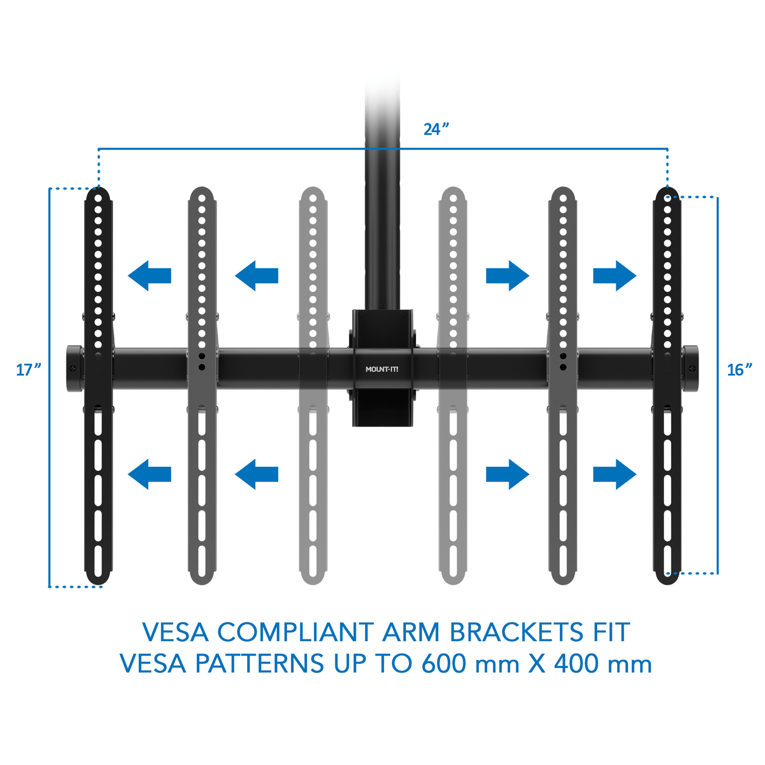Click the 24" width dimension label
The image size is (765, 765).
[x=436, y=129]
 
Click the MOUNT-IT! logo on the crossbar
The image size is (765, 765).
[x=382, y=369]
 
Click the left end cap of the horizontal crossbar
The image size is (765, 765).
[x=74, y=369]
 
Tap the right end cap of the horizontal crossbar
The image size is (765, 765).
[x=691, y=369]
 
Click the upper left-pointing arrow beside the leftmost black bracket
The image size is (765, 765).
[x=149, y=275]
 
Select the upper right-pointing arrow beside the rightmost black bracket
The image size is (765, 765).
[x=615, y=275]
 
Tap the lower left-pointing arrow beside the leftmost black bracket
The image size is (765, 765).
[x=149, y=474]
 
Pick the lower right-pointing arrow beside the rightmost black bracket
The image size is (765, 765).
[x=615, y=474]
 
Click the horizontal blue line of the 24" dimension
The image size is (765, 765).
[x=383, y=149]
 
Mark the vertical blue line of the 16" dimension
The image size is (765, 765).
[x=718, y=386]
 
